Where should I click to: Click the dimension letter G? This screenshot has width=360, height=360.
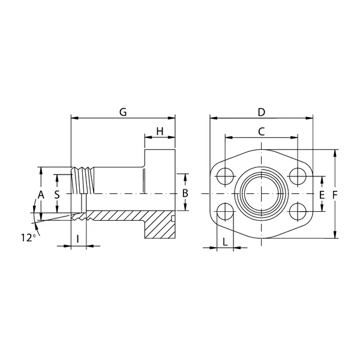[x=123, y=112]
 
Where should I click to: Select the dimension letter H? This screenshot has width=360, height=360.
[x=160, y=131]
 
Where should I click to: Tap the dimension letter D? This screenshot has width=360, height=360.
[x=262, y=112]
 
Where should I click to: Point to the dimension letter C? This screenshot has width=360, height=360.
[x=262, y=131]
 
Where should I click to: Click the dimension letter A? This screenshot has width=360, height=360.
[x=41, y=194]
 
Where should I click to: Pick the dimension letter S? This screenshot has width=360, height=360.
[x=57, y=194]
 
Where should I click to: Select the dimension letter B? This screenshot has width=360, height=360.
[x=185, y=193]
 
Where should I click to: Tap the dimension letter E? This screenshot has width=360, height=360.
[x=322, y=195]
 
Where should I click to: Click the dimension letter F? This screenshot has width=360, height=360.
[x=335, y=195]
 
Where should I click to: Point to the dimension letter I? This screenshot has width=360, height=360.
[x=78, y=239]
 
